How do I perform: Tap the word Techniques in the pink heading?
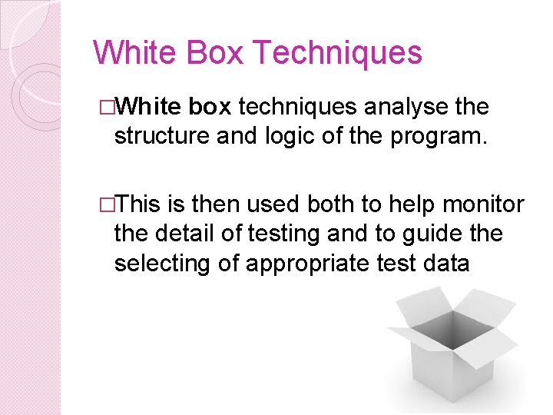[x=336, y=53]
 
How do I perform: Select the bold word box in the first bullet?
[x=210, y=108]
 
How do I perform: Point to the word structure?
[x=159, y=136]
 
